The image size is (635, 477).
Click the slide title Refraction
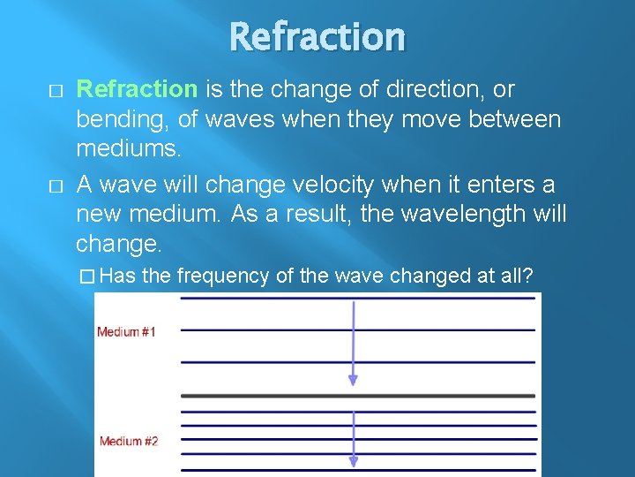pos(317,37)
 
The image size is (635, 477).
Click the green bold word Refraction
pos(137,89)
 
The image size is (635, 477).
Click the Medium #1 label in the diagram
pos(126,332)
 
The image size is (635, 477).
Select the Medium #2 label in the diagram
pos(129,442)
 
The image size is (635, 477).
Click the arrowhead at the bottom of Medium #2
pos(353,461)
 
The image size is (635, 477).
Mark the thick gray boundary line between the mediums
pos(356,396)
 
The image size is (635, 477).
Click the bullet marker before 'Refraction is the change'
pos(56,91)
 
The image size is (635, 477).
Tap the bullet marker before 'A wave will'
pos(56,186)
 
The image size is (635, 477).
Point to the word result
pos(295,213)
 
